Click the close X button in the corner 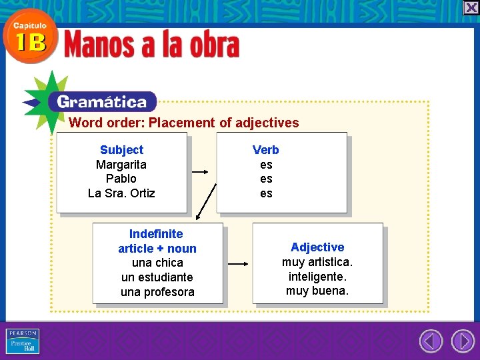471,7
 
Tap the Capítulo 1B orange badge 29,37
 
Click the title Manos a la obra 151,46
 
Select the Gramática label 101,102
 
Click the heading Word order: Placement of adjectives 183,123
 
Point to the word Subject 121,150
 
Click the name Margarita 121,165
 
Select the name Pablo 121,179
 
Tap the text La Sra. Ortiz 121,193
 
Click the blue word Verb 266,150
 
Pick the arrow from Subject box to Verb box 200,172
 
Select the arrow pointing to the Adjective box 237,263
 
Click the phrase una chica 157,263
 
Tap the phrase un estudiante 157,277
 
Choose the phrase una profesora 157,292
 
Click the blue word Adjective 317,247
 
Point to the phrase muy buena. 317,291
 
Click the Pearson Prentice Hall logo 23,341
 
